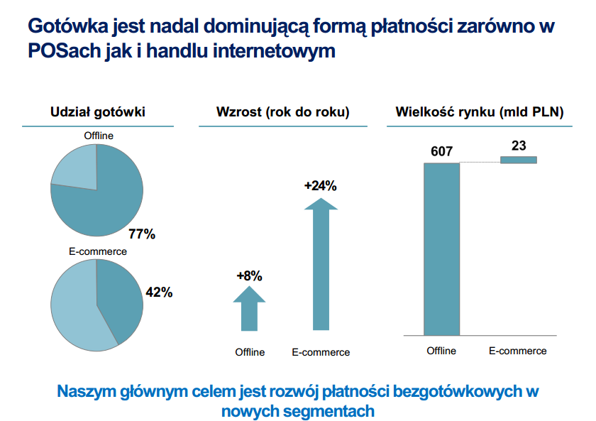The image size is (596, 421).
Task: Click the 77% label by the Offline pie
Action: [141, 234]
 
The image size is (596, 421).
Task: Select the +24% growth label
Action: [320, 186]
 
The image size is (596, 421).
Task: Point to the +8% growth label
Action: [249, 276]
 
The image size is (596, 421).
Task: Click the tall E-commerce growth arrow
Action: [321, 266]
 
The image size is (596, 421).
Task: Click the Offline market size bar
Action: [441, 248]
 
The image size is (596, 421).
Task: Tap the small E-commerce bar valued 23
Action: [519, 160]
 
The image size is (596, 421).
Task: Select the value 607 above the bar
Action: [441, 151]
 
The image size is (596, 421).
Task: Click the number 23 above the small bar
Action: [519, 146]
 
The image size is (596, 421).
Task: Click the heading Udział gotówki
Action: [98, 111]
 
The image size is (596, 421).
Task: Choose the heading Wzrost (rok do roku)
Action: [282, 111]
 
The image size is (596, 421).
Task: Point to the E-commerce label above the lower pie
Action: [98, 251]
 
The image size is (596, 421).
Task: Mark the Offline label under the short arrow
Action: [250, 352]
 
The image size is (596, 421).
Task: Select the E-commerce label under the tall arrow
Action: [321, 352]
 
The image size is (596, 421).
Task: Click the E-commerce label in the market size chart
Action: [518, 351]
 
